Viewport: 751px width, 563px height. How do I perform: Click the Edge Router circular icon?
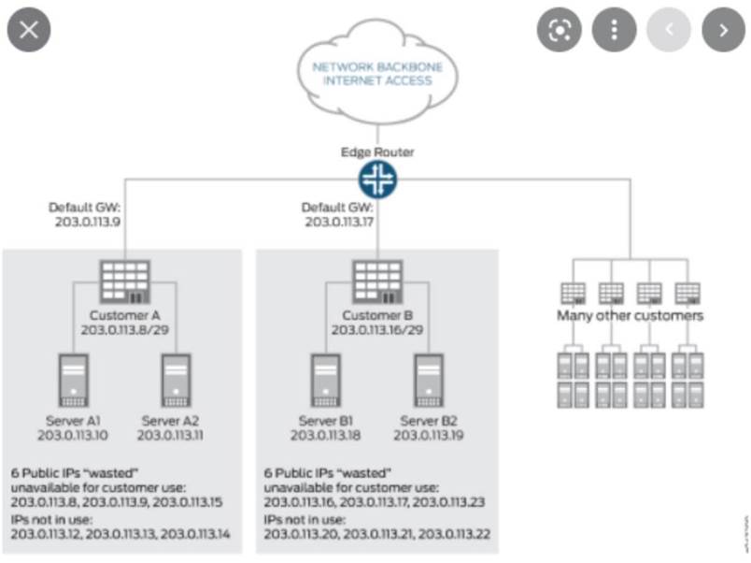tap(377, 179)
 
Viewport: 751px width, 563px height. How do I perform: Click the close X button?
tap(28, 29)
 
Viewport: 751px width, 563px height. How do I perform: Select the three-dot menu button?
tap(614, 30)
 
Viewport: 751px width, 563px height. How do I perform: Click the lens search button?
tap(559, 30)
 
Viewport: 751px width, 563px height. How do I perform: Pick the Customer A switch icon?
tap(125, 279)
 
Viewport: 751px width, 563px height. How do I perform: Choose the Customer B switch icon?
tap(377, 279)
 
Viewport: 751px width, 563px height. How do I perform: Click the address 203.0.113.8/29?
tap(126, 329)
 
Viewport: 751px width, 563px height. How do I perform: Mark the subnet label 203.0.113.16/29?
tap(377, 329)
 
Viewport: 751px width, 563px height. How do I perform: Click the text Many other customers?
tap(630, 315)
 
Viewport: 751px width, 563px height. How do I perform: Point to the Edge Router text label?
tap(377, 152)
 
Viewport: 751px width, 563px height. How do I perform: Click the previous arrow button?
tap(669, 30)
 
